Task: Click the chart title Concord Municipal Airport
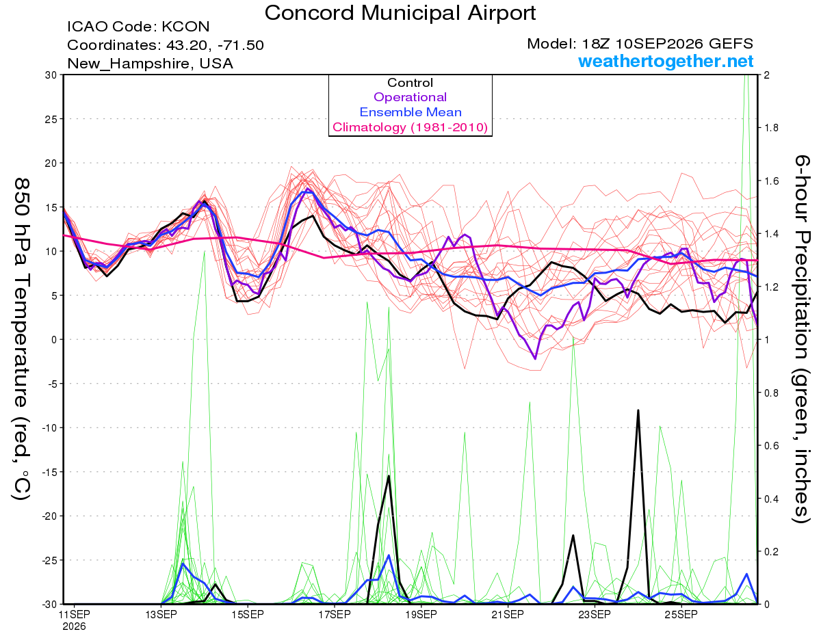(400, 13)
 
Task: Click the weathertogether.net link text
(665, 62)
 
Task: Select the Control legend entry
(410, 83)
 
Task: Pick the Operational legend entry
(410, 97)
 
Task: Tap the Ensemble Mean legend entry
(410, 112)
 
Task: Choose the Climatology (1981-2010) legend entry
(410, 127)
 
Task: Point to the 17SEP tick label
(335, 614)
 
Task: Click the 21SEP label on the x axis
(508, 614)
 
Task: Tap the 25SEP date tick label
(681, 614)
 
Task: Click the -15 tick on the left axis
(49, 472)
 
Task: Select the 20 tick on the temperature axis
(51, 163)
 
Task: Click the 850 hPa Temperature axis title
(22, 339)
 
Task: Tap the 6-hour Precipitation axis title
(801, 339)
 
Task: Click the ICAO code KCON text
(138, 27)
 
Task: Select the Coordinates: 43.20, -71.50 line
(166, 45)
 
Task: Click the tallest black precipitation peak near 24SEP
(638, 410)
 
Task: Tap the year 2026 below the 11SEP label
(74, 626)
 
